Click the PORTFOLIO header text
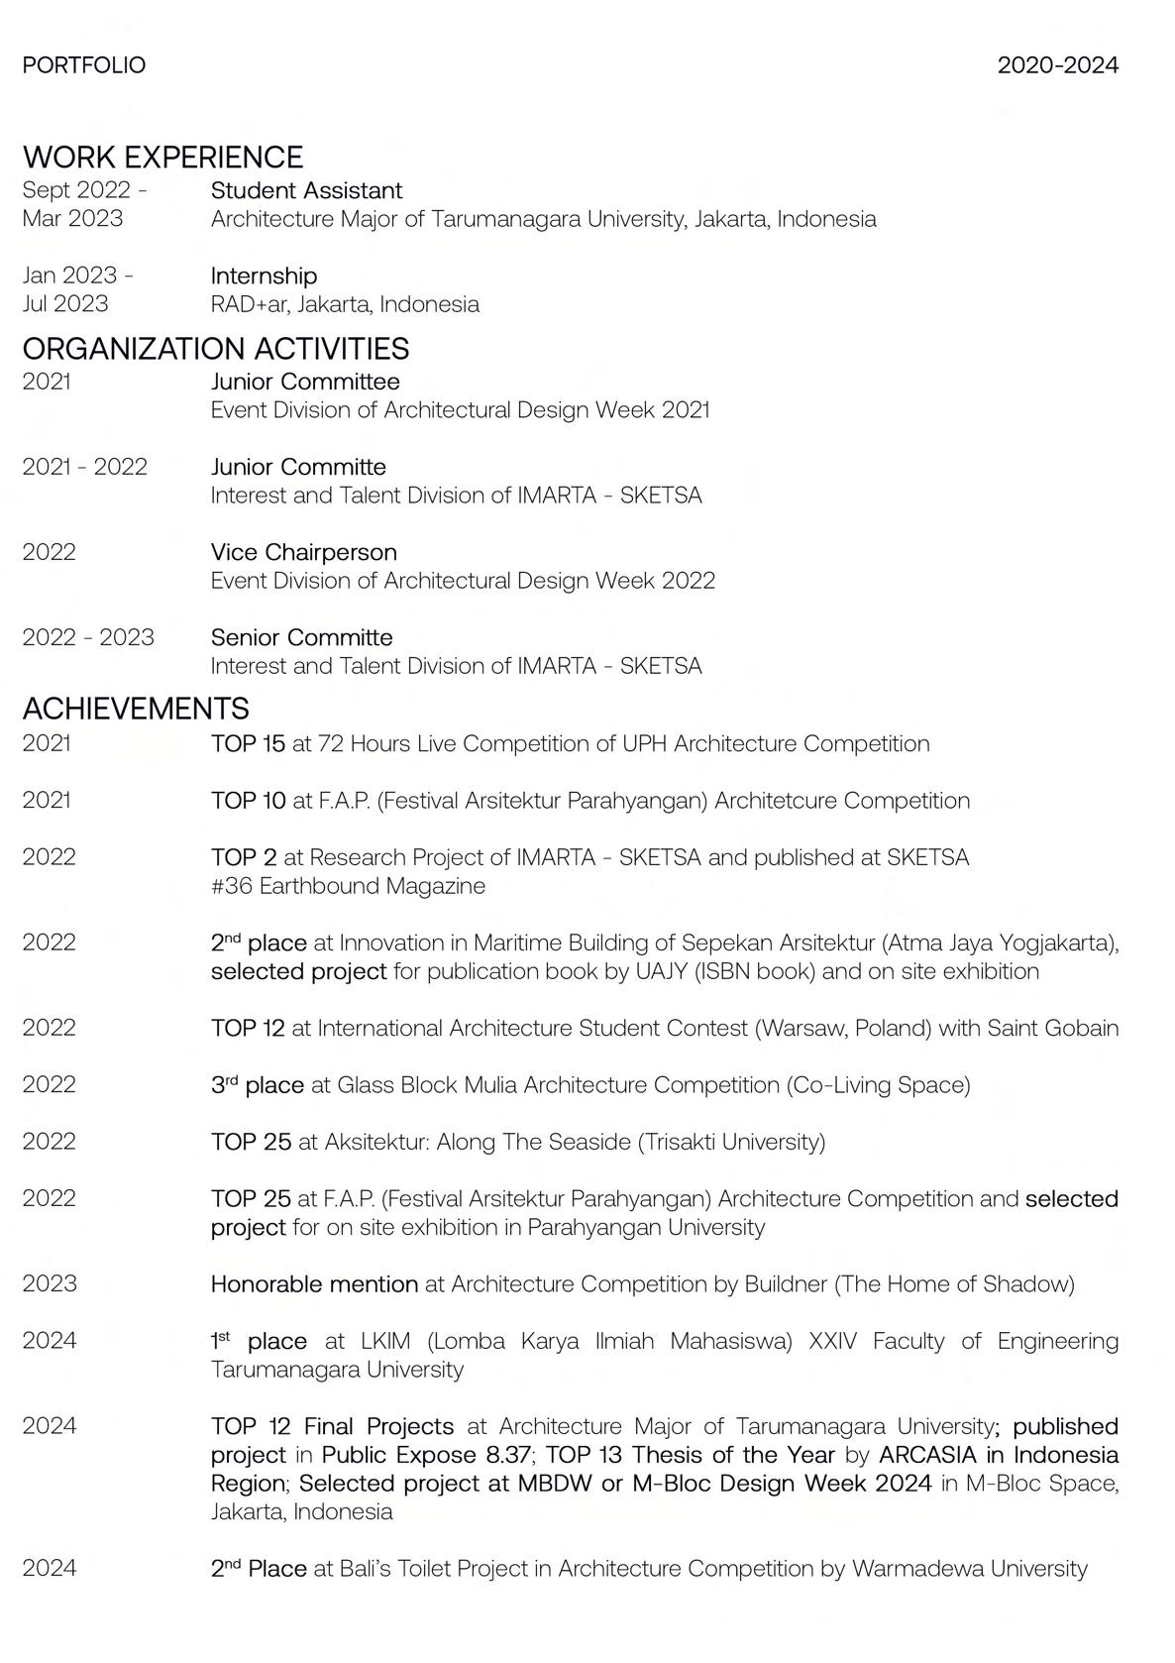click(83, 65)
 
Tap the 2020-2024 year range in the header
click(1057, 65)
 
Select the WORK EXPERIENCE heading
click(162, 157)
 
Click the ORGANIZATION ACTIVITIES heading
click(215, 348)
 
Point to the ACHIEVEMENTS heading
click(136, 708)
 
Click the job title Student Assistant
click(306, 190)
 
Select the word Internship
click(264, 276)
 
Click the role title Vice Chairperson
click(303, 552)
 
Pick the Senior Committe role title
click(301, 637)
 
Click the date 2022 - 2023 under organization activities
click(88, 637)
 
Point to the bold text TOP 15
click(248, 743)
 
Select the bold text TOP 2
click(243, 857)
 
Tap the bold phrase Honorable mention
click(314, 1284)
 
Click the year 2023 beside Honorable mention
click(49, 1284)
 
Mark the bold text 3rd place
click(257, 1085)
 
